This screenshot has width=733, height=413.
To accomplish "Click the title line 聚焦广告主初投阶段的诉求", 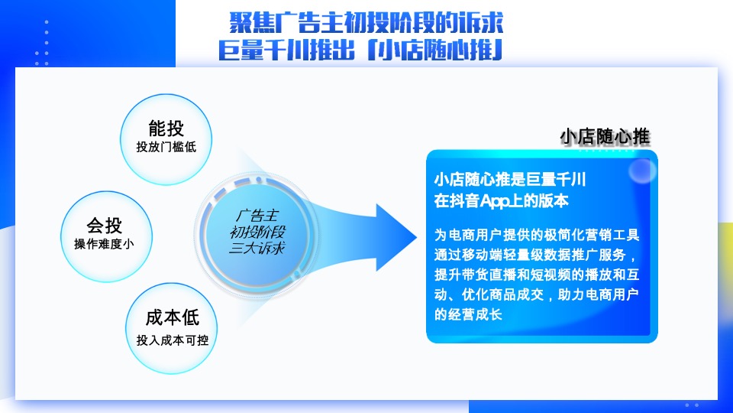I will [366, 21].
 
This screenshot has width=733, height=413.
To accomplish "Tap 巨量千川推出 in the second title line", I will [287, 50].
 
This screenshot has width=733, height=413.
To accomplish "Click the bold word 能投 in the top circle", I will [166, 128].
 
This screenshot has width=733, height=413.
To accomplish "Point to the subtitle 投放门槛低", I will [166, 147].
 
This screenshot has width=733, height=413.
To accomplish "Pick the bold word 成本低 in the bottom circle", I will [172, 317].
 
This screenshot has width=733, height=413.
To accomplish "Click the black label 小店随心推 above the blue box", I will [604, 137].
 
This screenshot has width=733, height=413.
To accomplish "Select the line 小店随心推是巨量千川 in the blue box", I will [509, 180].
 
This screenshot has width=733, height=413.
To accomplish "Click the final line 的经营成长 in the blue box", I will [467, 314].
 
